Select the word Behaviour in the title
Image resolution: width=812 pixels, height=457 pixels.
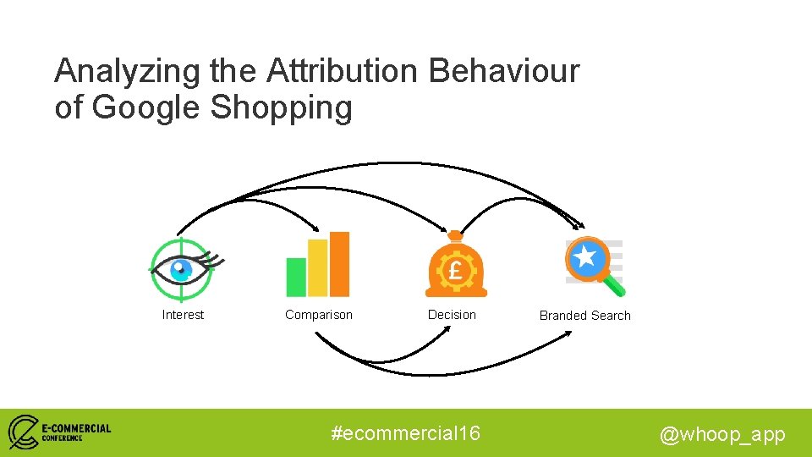click(x=504, y=72)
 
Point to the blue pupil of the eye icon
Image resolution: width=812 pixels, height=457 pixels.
click(x=179, y=270)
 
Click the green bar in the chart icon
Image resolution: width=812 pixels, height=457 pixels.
click(x=296, y=277)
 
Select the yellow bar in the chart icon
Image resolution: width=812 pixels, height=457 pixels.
click(x=317, y=267)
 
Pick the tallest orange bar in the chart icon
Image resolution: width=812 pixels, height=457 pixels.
click(x=339, y=263)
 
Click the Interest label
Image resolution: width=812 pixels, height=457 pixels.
click(x=183, y=315)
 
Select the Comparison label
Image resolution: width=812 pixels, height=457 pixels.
click(x=319, y=315)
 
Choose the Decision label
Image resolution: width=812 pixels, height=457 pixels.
click(x=452, y=315)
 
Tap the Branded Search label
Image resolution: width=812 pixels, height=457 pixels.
click(x=585, y=316)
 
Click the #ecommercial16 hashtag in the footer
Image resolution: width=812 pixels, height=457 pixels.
click(x=406, y=433)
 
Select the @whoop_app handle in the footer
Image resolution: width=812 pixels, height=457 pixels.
click(x=722, y=434)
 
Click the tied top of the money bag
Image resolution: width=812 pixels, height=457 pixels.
click(x=456, y=237)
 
